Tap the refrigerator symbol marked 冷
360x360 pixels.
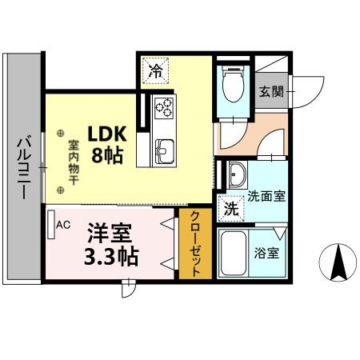[156, 71]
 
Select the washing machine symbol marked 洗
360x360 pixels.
[230, 210]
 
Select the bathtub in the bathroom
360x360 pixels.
[234, 254]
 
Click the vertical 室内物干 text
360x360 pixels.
[73, 159]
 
